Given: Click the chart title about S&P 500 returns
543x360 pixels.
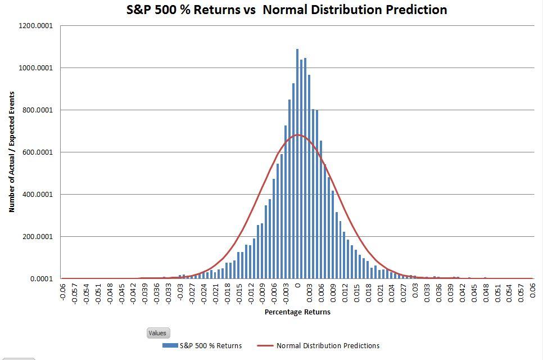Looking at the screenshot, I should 287,10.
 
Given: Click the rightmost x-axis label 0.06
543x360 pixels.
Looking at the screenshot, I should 532,291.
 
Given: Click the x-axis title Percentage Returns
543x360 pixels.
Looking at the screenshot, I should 297,312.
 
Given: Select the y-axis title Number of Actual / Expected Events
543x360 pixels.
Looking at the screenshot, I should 12,152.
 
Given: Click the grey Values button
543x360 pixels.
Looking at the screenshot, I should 157,333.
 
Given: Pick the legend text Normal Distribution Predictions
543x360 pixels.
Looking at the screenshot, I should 328,345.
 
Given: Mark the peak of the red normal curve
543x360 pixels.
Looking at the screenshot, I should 297,134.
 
